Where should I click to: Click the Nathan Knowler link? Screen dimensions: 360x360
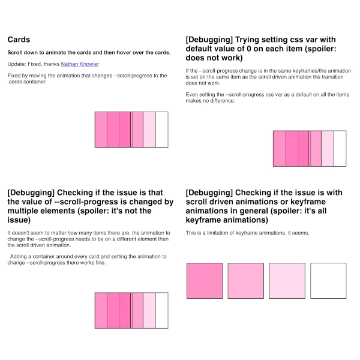coord(80,64)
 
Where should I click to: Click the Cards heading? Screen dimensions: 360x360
coord(19,40)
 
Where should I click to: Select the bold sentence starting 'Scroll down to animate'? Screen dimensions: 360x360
coord(88,52)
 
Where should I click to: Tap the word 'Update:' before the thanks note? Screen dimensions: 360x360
coord(17,64)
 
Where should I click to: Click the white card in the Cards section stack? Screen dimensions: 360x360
coord(162,130)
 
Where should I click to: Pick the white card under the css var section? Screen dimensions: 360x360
coord(340,148)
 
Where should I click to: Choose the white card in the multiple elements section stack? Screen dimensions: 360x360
coord(162,310)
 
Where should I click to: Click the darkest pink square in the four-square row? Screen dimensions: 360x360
coord(205,280)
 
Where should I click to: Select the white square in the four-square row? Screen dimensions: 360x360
coord(328,280)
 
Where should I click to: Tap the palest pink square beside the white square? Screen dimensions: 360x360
coord(287,280)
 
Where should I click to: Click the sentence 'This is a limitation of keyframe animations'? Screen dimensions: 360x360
coord(247,233)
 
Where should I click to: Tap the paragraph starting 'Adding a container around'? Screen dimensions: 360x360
coord(87,259)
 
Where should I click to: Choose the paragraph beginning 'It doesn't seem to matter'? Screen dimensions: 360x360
coord(87,239)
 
